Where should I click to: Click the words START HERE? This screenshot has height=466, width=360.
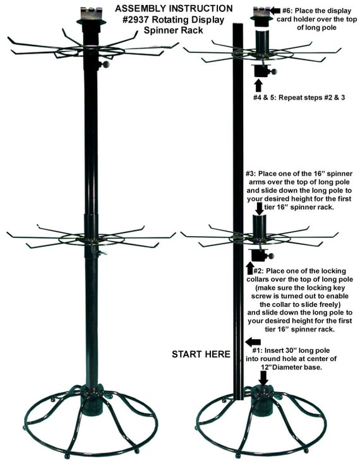coord(201,354)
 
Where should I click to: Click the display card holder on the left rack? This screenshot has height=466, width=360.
coord(90,13)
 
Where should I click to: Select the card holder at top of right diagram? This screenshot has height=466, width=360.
coord(260,13)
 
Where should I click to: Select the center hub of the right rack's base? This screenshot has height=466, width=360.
coord(262,399)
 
